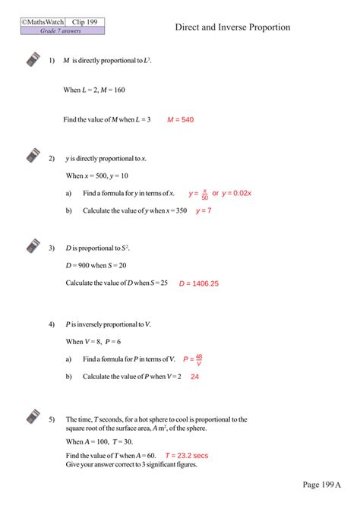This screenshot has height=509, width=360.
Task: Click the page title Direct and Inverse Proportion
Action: tap(232, 27)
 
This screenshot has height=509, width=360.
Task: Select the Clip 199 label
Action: tap(85, 22)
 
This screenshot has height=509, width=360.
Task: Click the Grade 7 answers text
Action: tap(62, 31)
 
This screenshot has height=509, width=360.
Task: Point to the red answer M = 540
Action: tap(181, 119)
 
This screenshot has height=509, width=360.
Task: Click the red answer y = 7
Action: tap(204, 210)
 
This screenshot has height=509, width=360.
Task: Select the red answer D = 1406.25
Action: tap(199, 283)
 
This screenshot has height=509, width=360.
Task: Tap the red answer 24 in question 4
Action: tap(194, 376)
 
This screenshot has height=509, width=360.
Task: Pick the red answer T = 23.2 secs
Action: tap(186, 455)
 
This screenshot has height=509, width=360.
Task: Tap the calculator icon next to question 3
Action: tap(33, 246)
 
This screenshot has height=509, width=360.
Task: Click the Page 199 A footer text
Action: tap(322, 484)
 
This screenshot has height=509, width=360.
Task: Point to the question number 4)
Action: tap(52, 324)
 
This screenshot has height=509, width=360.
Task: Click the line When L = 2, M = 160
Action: tap(94, 90)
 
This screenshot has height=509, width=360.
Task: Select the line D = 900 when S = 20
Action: tap(96, 265)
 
